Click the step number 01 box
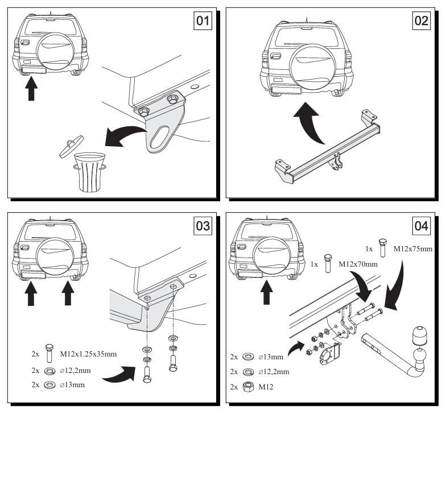[203, 21]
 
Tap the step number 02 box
[421, 21]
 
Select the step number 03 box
[203, 226]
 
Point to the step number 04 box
[421, 226]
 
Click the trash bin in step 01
[90, 172]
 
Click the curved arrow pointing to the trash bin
[125, 136]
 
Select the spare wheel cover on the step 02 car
[311, 67]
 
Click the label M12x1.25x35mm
[88, 354]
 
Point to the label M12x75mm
[413, 249]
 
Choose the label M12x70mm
[358, 264]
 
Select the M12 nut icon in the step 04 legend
[247, 387]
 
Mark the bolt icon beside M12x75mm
[382, 247]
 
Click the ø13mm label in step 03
[72, 385]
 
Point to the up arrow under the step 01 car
[31, 89]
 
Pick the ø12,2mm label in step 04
[274, 372]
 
